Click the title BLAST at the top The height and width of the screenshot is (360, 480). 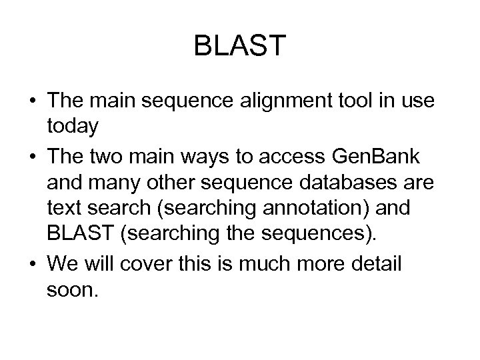tap(239, 46)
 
